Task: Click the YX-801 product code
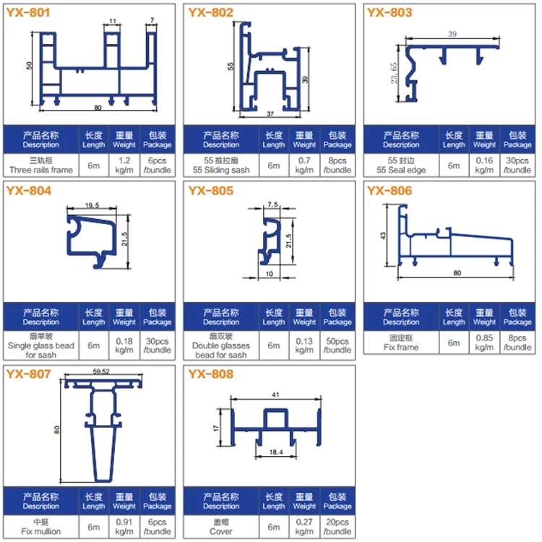pos(28,13)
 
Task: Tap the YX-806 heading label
pos(390,191)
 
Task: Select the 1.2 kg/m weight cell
pos(124,165)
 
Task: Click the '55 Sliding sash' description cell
pos(221,165)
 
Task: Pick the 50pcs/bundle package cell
pos(337,345)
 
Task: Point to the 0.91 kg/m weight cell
pos(124,526)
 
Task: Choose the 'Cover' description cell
pos(221,526)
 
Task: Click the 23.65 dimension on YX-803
pos(394,72)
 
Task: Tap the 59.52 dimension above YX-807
pos(101,371)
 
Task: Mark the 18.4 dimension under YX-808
pos(276,452)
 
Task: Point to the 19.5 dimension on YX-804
pos(92,205)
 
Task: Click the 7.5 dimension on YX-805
pos(272,205)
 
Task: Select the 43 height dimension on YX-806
pos(382,236)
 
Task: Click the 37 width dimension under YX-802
pos(270,113)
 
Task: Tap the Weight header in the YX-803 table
pos(484,139)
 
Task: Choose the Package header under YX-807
pos(158,502)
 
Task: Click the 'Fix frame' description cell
pos(401,343)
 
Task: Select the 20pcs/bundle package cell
pos(337,526)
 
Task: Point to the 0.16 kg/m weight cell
pos(484,165)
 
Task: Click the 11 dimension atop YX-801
pos(113,21)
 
